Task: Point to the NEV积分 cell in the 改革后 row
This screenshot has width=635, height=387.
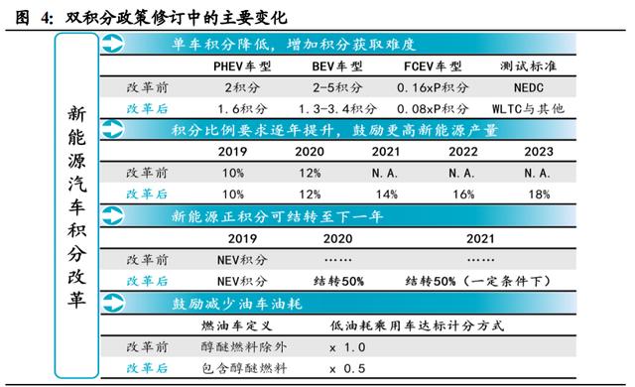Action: coord(242,280)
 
